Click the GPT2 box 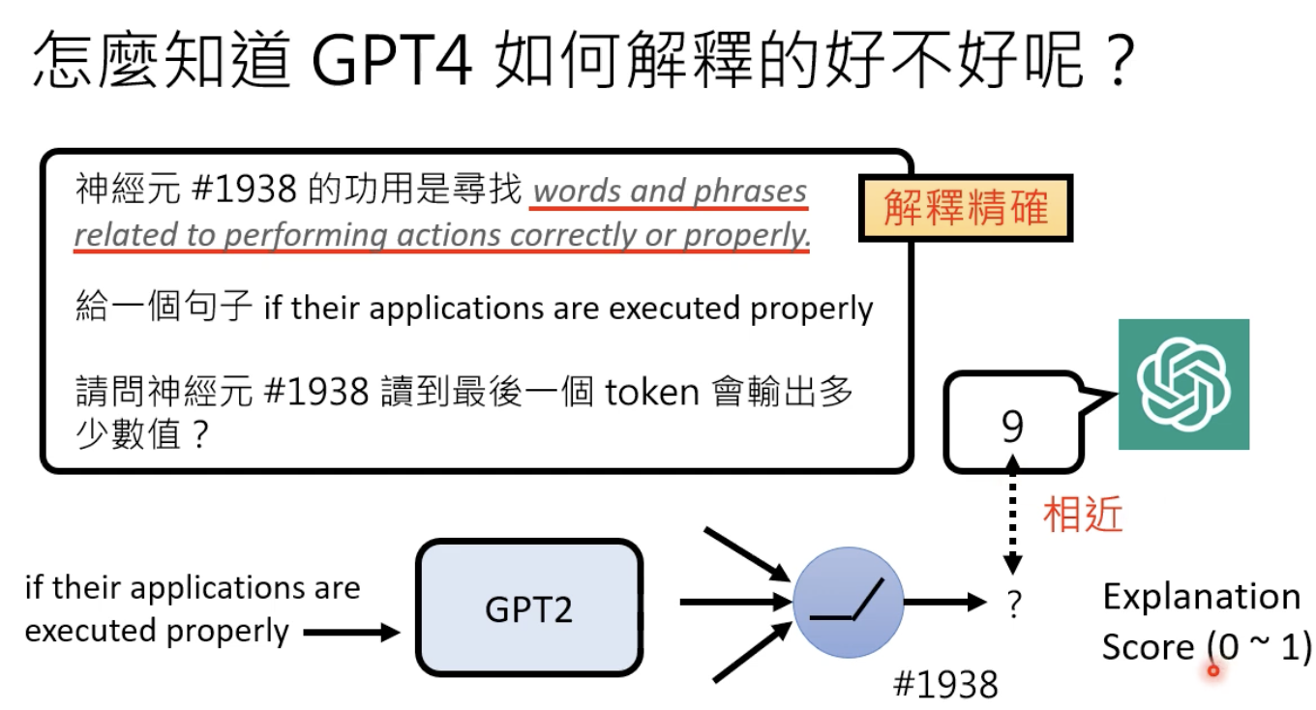point(528,606)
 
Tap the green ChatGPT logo point(1183,384)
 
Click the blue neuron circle point(848,603)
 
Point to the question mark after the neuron point(1013,605)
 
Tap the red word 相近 point(1082,516)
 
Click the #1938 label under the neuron point(944,684)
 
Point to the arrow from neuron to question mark point(942,603)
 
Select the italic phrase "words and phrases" point(670,192)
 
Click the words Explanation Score point(1201,620)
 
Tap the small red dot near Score point(1213,668)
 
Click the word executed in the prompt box point(676,309)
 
